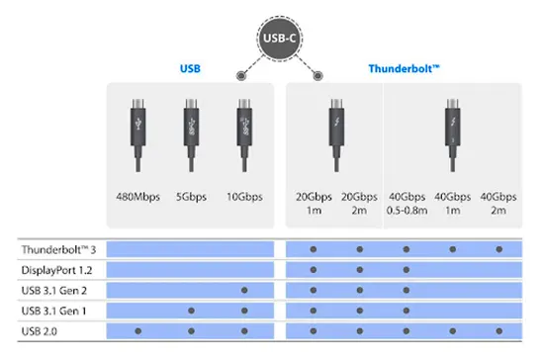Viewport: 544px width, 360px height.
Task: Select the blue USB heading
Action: (189, 69)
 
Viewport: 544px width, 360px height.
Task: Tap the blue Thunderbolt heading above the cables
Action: (404, 69)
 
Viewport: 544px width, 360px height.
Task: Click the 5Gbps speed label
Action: (190, 197)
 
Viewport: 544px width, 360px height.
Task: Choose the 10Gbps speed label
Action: (243, 197)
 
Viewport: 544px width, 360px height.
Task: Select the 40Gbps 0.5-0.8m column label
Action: (406, 203)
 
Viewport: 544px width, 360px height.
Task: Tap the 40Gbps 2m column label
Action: (499, 203)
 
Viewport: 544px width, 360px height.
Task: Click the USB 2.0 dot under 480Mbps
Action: (137, 330)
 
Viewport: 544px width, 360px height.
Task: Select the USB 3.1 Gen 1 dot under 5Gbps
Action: (190, 311)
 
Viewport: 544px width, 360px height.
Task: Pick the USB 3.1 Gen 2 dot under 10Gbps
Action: (243, 290)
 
